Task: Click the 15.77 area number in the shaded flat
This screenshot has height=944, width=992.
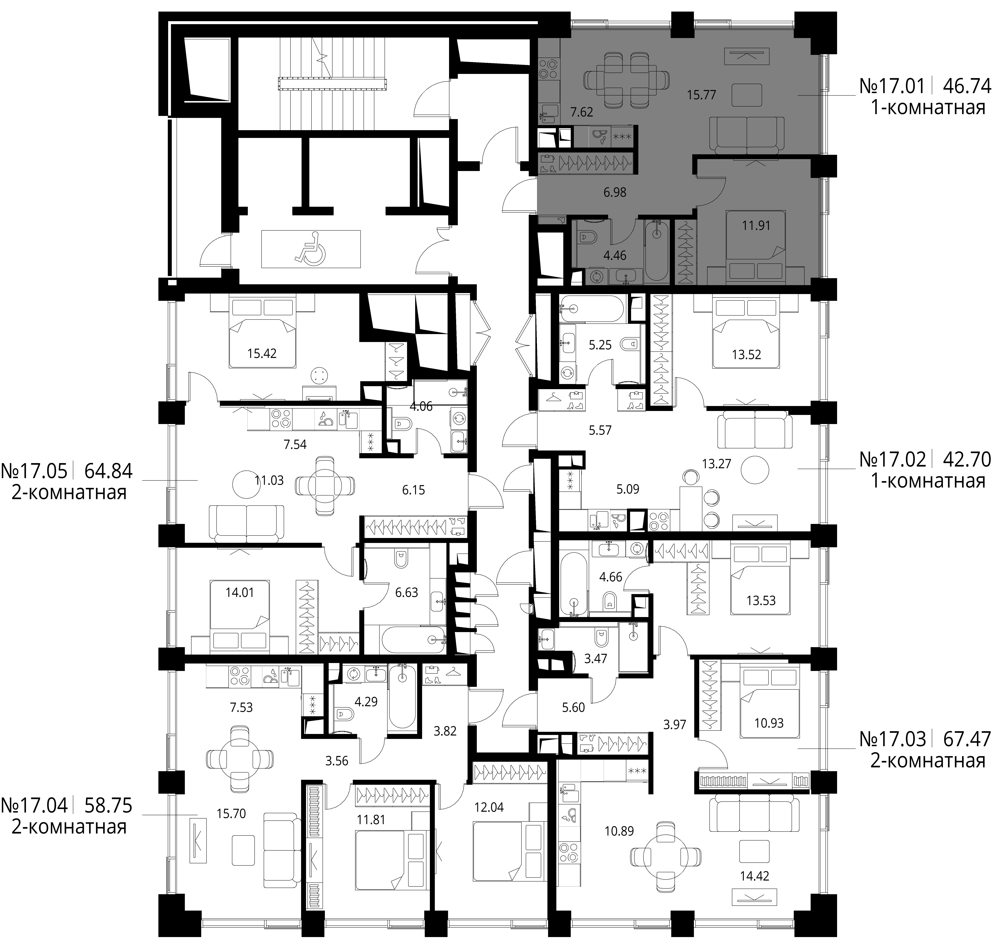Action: click(x=701, y=95)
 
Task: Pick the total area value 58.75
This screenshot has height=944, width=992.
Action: click(x=108, y=805)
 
